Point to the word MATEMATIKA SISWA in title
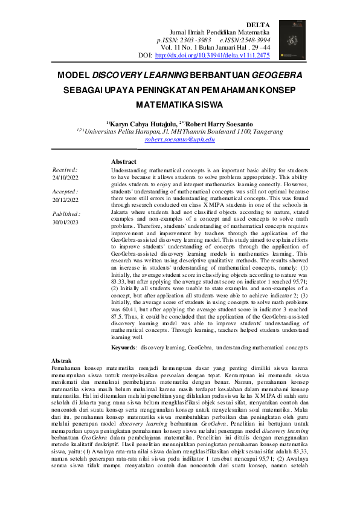(x=179, y=103)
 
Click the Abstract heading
(x=124, y=162)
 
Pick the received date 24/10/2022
(x=66, y=178)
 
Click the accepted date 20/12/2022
(x=66, y=199)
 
